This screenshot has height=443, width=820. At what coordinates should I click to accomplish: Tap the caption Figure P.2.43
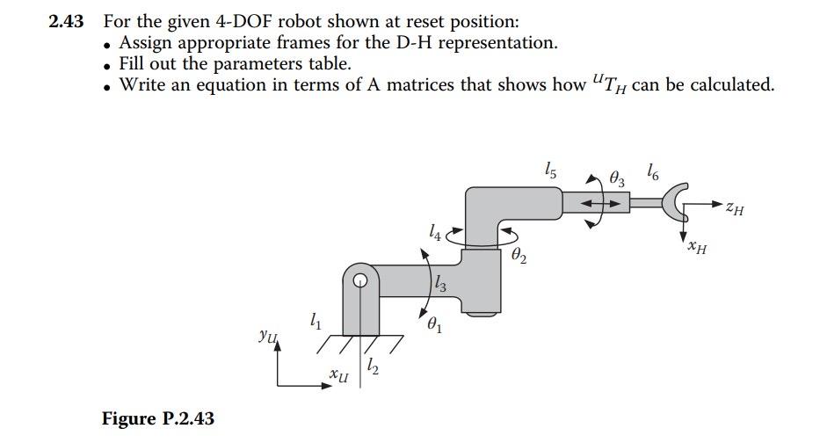coord(157,418)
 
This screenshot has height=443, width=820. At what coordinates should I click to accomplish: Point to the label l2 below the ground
coord(374,364)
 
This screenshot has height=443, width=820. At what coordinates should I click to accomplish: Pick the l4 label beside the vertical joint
coord(433,232)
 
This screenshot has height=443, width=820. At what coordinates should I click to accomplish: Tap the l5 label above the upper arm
coord(550,171)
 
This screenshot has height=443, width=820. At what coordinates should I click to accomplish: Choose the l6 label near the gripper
coord(652,171)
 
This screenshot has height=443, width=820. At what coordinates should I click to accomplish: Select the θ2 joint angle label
coord(519,256)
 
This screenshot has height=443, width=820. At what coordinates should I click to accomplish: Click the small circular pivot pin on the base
coord(360,281)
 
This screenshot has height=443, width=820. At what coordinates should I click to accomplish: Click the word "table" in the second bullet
coord(328,63)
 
